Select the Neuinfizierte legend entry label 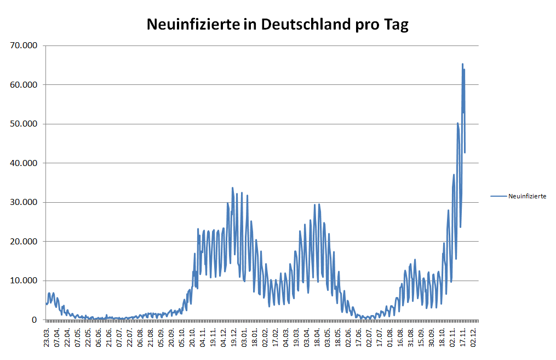(527, 196)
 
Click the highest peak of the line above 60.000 (462, 64)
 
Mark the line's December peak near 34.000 (232, 188)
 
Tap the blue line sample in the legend (498, 196)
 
